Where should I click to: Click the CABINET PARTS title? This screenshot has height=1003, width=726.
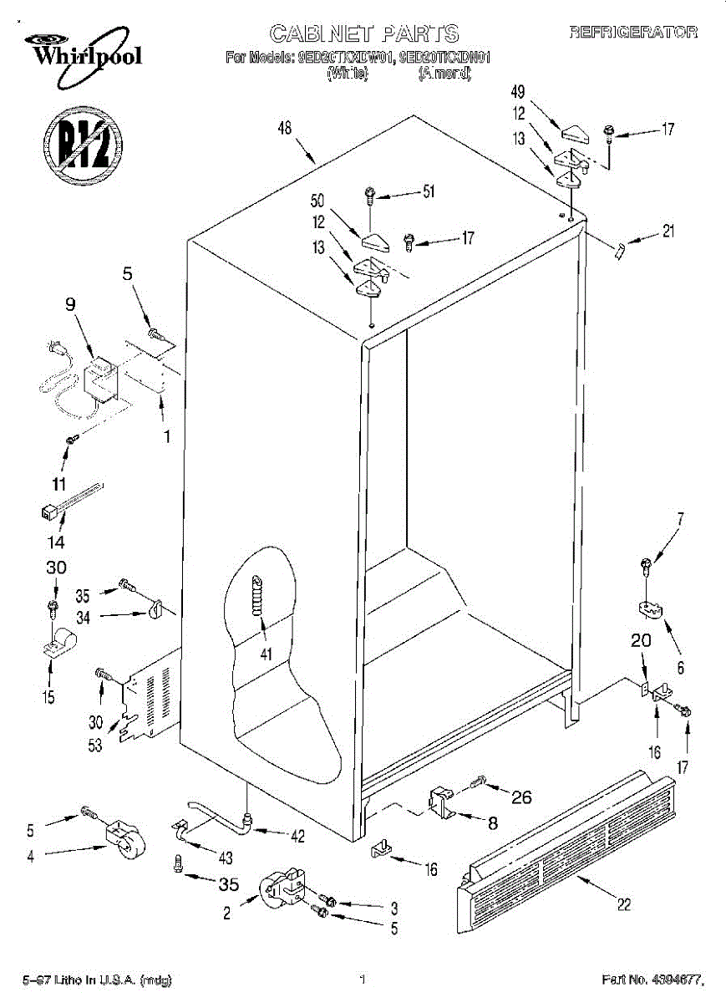[363, 33]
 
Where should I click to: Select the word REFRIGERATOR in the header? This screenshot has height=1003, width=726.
[633, 33]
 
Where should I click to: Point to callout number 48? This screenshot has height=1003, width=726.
[285, 129]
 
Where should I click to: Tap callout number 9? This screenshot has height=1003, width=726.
[70, 306]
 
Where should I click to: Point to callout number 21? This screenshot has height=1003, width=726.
[668, 232]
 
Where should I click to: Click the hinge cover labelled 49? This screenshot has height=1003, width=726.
[577, 132]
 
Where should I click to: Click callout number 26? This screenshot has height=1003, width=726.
[520, 797]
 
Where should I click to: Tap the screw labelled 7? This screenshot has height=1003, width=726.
[646, 566]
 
